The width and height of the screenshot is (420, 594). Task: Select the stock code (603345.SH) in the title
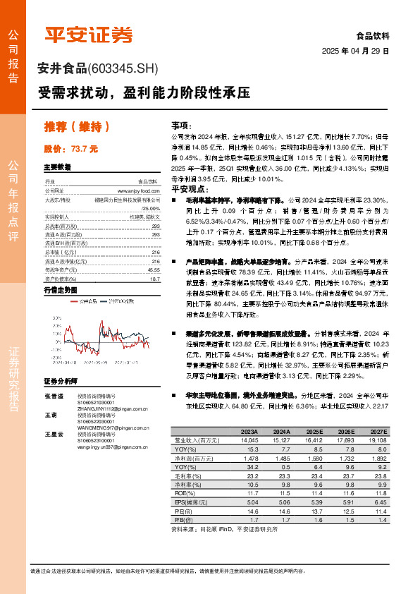pos(124,68)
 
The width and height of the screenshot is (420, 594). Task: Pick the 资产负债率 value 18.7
pos(154,279)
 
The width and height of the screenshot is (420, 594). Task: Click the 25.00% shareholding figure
pos(150,208)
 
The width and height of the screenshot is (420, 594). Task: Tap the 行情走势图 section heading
pos(60,290)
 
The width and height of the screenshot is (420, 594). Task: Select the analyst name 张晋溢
pos(54,397)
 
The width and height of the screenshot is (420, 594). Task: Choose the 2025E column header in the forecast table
pos(314,431)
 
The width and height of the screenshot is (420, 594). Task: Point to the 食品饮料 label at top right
pos(373,35)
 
